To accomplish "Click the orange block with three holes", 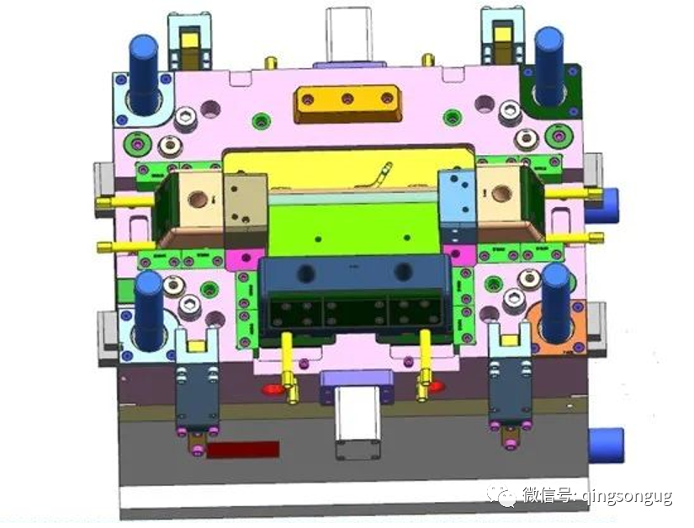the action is [348, 104].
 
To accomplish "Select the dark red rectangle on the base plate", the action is [243, 449].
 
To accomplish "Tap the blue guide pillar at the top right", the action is [549, 67].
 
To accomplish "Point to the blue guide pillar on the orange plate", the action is [556, 303].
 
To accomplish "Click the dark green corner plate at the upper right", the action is [552, 91].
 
